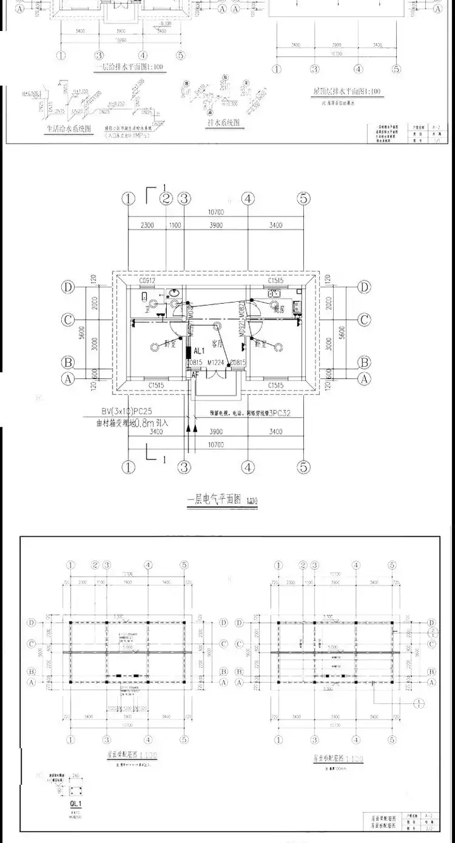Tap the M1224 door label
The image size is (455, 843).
click(x=216, y=363)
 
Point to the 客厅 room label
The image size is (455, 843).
click(x=219, y=343)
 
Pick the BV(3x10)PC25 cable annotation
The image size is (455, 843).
click(x=136, y=411)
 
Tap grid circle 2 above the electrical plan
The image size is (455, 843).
click(x=166, y=199)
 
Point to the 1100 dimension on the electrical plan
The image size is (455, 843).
click(x=174, y=225)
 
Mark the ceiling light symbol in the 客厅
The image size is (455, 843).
click(x=217, y=327)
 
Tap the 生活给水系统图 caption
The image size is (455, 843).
click(x=69, y=128)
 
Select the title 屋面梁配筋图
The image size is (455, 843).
click(x=131, y=754)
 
